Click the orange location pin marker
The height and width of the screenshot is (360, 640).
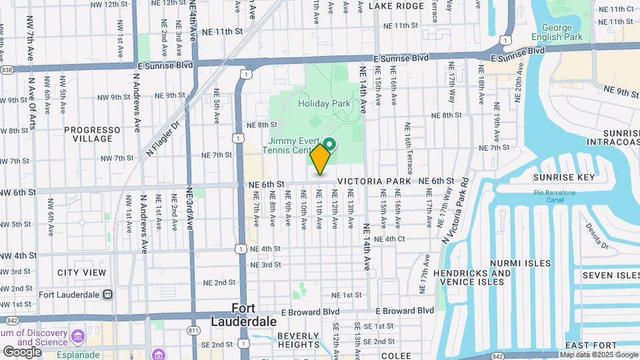[321, 159]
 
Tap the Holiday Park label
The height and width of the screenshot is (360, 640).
[324, 104]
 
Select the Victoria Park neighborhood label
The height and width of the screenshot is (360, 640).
[374, 181]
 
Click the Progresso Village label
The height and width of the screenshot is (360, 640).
[93, 134]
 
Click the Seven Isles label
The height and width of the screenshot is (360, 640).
[610, 275]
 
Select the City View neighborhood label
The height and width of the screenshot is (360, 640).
[81, 273]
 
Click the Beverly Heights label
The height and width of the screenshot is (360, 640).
[298, 340]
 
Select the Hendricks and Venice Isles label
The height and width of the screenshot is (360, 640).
[472, 277]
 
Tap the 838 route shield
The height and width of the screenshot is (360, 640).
[7, 69]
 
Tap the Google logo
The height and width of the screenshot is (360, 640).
[22, 351]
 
